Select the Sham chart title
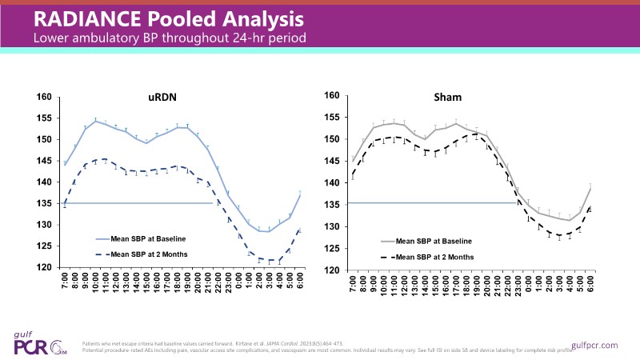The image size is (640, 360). [x=467, y=98]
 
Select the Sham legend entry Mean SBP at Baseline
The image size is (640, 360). [x=434, y=241]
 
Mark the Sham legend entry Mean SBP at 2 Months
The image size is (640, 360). [x=434, y=257]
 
